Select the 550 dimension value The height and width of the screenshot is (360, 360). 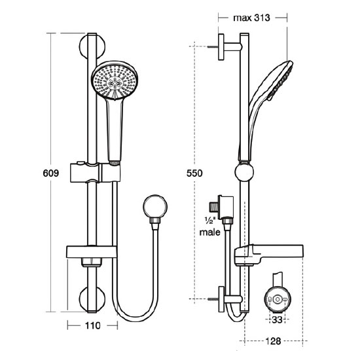pyautogui.click(x=195, y=173)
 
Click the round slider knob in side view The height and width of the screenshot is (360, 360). pyautogui.click(x=243, y=174)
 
